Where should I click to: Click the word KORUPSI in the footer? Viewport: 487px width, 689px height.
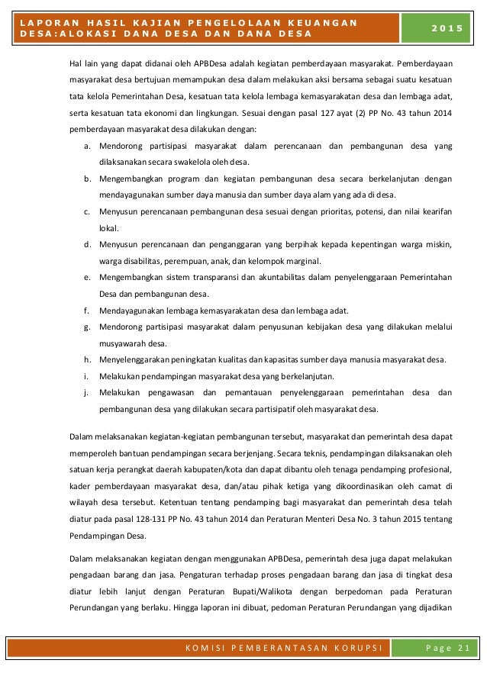(357, 649)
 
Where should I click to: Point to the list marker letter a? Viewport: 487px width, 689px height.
(88, 145)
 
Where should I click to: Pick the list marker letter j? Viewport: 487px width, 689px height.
(88, 393)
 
